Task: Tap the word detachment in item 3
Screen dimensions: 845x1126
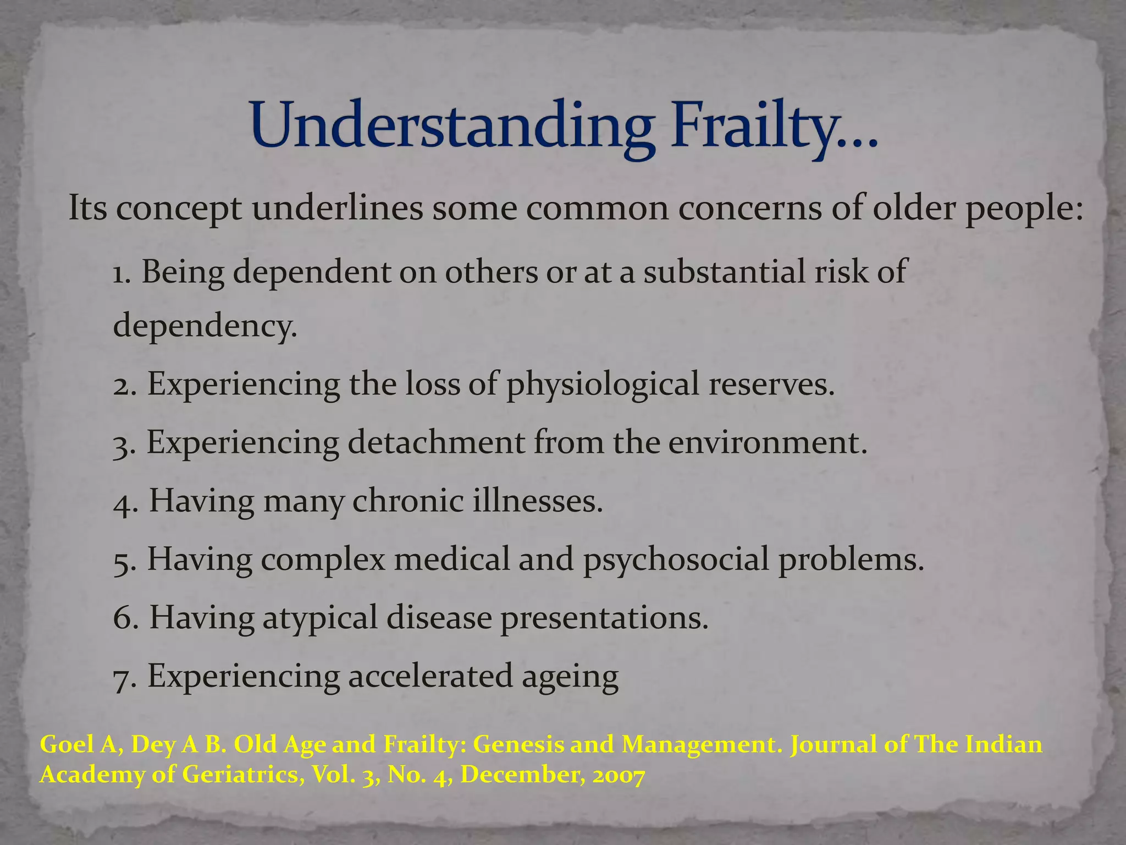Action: [x=436, y=443]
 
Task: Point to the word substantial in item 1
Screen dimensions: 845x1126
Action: [x=725, y=272]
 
